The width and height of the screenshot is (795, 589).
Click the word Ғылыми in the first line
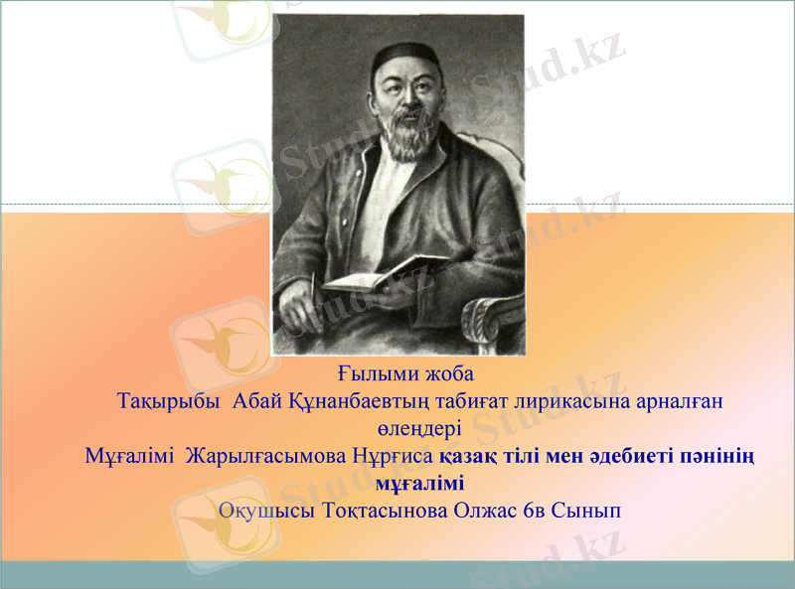(x=365, y=376)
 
